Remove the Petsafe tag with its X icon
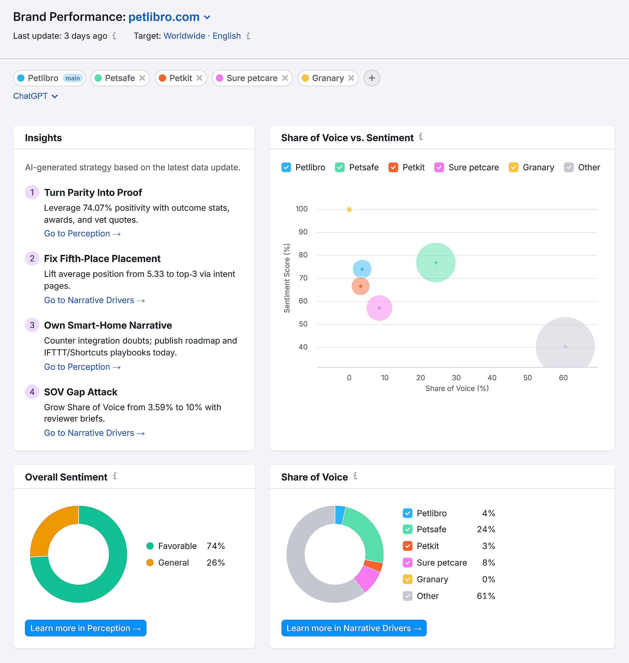(142, 78)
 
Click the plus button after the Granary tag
(372, 78)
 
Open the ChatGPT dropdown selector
(35, 96)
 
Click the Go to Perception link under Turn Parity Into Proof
(82, 234)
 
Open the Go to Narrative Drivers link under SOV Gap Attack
(94, 433)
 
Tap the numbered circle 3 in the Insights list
(32, 325)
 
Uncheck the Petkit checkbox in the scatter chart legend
(393, 167)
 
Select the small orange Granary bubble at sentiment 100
(349, 209)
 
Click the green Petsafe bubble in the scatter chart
(436, 263)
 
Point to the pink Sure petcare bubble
(379, 308)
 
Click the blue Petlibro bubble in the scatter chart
(362, 269)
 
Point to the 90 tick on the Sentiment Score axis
(303, 232)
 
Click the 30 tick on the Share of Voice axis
(456, 378)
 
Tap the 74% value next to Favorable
(215, 546)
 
